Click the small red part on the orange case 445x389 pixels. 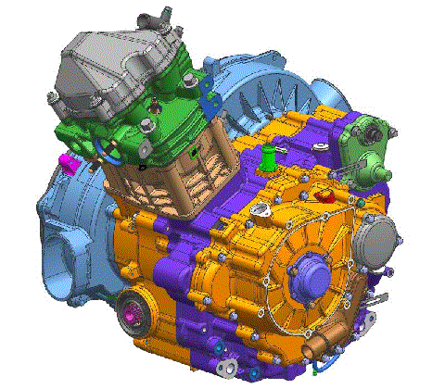coord(323,194)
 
